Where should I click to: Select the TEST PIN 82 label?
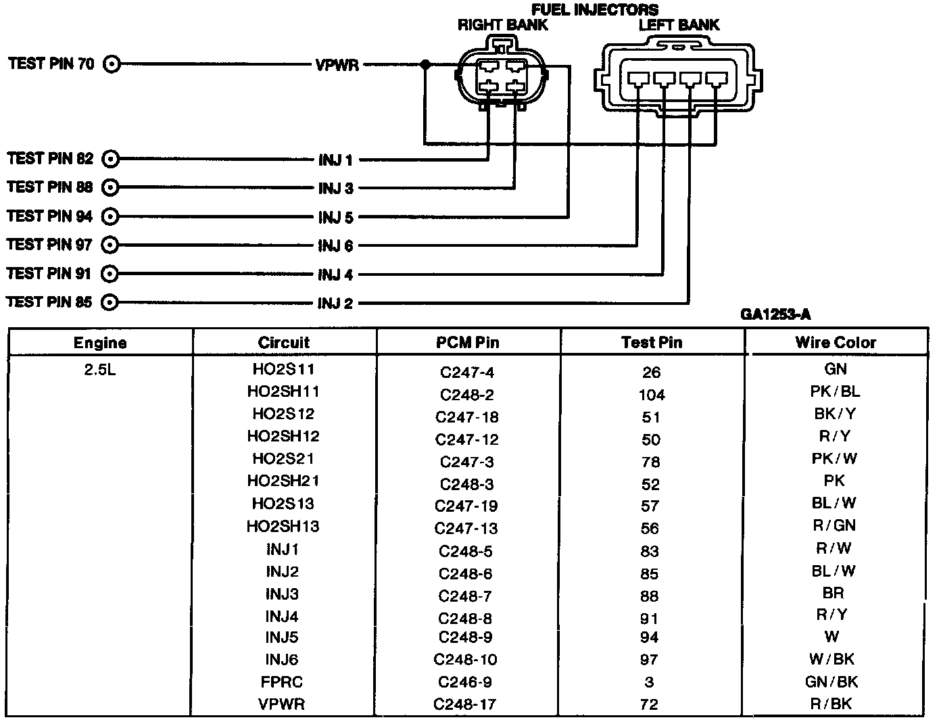(x=51, y=159)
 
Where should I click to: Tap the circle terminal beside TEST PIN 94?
(x=110, y=216)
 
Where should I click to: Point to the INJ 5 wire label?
(x=336, y=218)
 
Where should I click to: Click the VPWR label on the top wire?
(x=337, y=66)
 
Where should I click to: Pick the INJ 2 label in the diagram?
(x=335, y=304)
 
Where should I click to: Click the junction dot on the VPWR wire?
(x=425, y=65)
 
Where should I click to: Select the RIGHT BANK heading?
(x=503, y=26)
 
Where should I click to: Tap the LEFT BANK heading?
(x=679, y=26)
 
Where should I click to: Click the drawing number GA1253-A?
(x=775, y=314)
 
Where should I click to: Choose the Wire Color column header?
(x=836, y=343)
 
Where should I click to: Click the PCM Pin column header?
(x=468, y=343)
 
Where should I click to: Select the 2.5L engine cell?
(x=100, y=370)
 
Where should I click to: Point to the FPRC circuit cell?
(x=282, y=682)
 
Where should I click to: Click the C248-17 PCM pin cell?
(x=465, y=704)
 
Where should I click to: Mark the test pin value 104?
(x=651, y=395)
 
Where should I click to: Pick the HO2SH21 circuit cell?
(x=283, y=481)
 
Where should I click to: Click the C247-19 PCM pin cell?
(x=466, y=506)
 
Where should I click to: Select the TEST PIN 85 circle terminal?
(x=110, y=302)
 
